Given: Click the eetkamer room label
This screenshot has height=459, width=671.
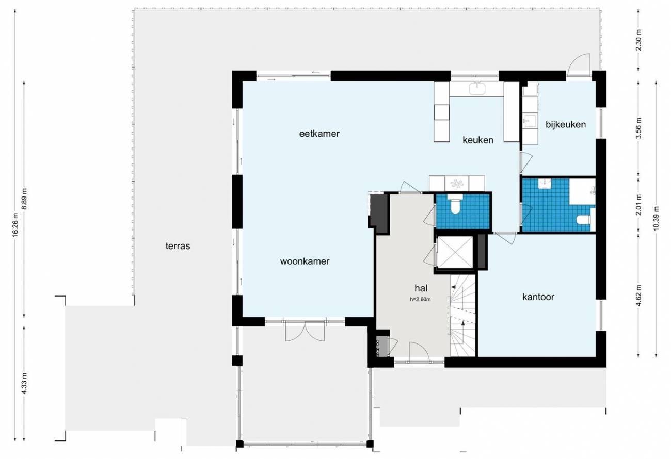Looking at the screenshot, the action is (319, 134).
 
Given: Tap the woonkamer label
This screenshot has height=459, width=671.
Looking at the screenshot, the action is (305, 261).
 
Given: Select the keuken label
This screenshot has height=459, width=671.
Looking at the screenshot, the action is (478, 140).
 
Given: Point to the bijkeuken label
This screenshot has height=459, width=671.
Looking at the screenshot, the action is (566, 124).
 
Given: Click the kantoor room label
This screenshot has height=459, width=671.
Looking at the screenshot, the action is (538, 297).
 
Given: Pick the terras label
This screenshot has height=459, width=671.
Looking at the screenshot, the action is (178, 246).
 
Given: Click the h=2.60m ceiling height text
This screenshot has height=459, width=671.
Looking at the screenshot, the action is (420, 299).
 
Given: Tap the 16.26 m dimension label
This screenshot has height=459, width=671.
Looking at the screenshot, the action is (15, 224).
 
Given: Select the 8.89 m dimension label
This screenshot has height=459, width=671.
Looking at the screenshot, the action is (25, 199).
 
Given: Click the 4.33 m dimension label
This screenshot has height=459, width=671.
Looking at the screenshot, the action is (25, 383).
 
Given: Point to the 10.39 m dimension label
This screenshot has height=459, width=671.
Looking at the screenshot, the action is (657, 219).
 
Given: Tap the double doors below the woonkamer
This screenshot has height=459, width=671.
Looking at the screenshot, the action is (305, 331).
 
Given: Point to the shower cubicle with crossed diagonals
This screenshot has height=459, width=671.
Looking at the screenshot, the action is (455, 252).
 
